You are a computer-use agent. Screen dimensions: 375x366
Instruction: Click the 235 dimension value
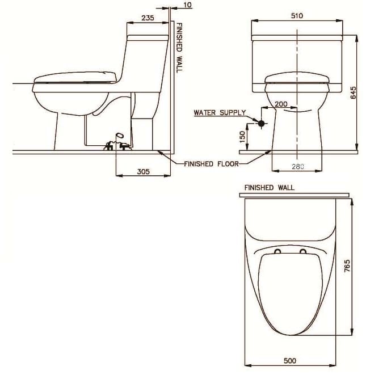pyautogui.click(x=148, y=18)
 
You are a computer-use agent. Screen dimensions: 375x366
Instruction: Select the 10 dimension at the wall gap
pyautogui.click(x=188, y=5)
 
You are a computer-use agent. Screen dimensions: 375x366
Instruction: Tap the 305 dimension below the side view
pyautogui.click(x=144, y=171)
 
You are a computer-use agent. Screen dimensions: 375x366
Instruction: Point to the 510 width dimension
pyautogui.click(x=297, y=16)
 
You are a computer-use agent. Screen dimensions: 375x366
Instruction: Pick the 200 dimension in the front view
pyautogui.click(x=281, y=104)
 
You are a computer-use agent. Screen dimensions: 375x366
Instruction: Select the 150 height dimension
pyautogui.click(x=242, y=137)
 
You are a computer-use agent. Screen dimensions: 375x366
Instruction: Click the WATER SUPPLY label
pyautogui.click(x=220, y=113)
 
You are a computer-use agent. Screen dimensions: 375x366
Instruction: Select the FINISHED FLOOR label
pyautogui.click(x=207, y=164)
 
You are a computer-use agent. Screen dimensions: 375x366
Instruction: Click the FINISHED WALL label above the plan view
pyautogui.click(x=269, y=187)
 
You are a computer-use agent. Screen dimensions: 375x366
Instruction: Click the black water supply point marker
pyautogui.click(x=261, y=123)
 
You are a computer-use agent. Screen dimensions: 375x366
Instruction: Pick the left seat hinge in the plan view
pyautogui.click(x=278, y=251)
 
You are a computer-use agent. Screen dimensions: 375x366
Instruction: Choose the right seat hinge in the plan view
pyautogui.click(x=302, y=251)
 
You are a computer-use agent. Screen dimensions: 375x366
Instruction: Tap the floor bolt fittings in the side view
pyautogui.click(x=116, y=144)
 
